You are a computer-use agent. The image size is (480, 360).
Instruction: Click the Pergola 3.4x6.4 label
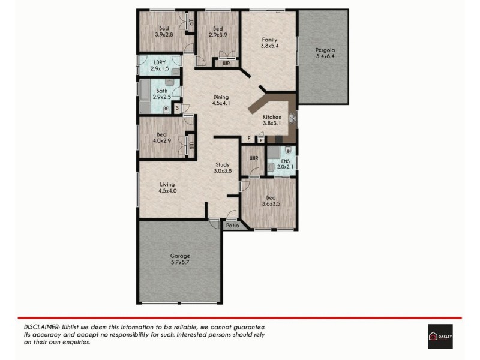click(x=324, y=53)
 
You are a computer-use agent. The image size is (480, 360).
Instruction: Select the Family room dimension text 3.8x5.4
click(x=269, y=45)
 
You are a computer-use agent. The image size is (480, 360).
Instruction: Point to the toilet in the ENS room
click(x=289, y=150)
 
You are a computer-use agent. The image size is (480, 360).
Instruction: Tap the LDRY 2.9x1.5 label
click(x=159, y=66)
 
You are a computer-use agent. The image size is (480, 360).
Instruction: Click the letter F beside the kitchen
click(x=249, y=139)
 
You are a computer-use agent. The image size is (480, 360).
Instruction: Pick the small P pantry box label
click(x=261, y=140)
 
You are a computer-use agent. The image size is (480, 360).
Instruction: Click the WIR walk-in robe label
click(x=253, y=158)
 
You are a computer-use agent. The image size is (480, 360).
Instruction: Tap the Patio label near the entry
click(x=232, y=226)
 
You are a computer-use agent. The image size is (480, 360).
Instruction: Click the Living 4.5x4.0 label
click(x=167, y=187)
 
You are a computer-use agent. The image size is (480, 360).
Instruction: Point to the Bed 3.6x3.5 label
click(x=271, y=200)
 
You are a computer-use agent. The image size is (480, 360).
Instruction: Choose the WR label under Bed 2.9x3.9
click(x=226, y=63)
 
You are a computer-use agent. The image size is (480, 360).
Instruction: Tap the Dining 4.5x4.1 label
click(x=220, y=100)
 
